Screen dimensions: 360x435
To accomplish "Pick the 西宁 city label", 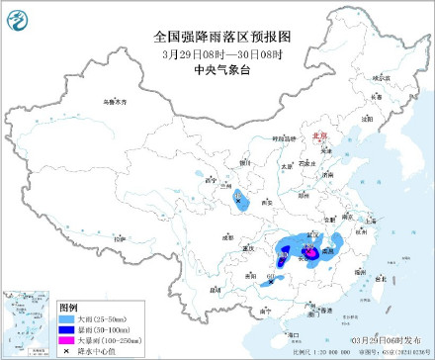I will click(209, 181).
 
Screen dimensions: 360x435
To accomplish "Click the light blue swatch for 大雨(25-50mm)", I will click(66, 319).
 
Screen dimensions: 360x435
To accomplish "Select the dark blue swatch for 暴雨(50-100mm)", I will click(66, 330).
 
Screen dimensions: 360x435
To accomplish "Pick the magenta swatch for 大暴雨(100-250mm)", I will click(66, 341).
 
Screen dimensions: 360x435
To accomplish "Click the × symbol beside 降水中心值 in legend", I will click(66, 352).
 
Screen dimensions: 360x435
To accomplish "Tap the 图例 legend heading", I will click(68, 309).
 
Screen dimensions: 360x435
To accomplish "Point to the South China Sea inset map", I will click(27, 321).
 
